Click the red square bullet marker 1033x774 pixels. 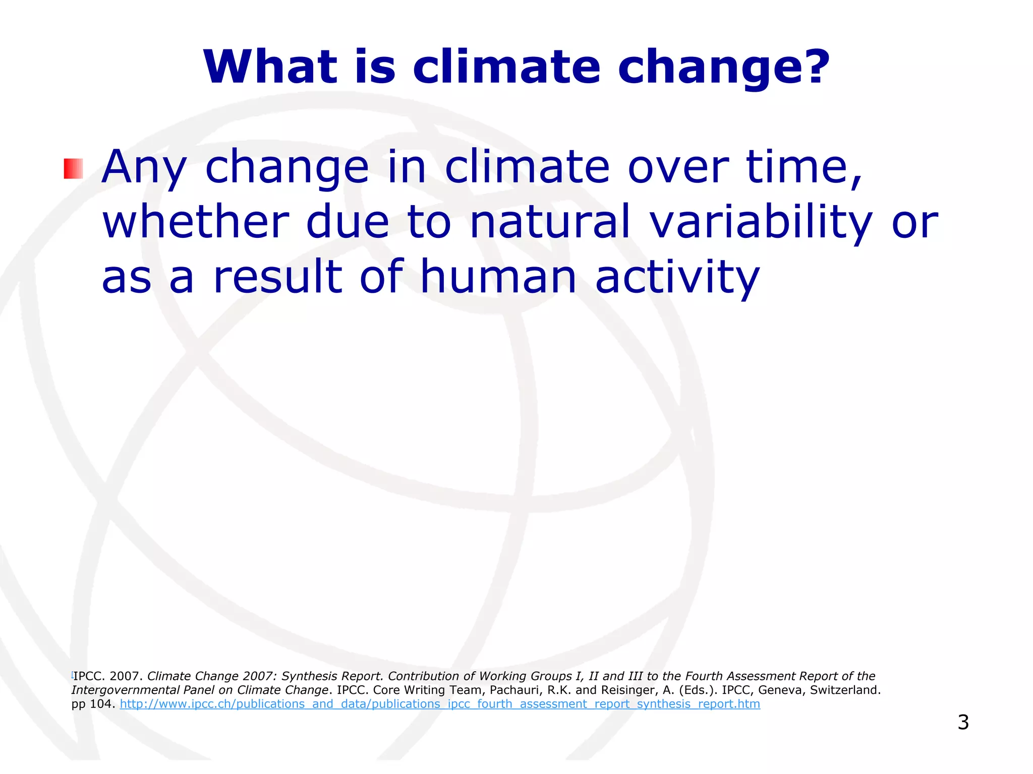[x=73, y=168]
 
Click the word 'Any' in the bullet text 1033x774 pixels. [x=144, y=167]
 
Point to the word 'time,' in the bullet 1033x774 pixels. [x=804, y=167]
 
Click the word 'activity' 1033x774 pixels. [x=677, y=279]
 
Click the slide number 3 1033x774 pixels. [x=963, y=722]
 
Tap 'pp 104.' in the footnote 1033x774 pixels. [x=93, y=704]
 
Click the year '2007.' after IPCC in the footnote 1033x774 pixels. [x=126, y=676]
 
